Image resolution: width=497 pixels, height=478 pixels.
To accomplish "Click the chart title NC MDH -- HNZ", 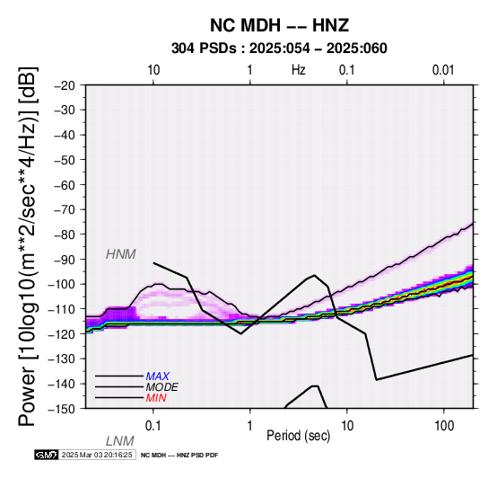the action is pos(280,25).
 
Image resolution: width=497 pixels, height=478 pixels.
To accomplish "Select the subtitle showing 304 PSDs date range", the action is pos(279,49).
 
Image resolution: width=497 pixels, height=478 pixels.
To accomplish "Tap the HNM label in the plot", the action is pos(121,254).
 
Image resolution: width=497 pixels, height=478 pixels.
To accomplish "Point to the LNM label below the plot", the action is pos(120,441).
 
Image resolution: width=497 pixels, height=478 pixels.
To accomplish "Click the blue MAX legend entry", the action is pos(158,376).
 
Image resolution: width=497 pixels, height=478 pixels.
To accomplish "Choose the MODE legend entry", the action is pos(162,387).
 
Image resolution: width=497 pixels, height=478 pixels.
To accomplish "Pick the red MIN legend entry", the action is pos(156,398).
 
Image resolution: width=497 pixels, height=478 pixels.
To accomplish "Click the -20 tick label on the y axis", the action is pos(65,85).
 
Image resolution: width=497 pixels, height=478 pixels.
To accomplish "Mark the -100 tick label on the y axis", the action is pos(62,284).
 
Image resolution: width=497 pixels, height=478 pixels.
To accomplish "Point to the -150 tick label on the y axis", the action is pos(62,409).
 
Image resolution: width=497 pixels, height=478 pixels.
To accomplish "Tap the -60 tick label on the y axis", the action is pos(65,185).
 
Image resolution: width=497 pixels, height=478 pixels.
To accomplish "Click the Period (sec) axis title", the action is pos(298,436).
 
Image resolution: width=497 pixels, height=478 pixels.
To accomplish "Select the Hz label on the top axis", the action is pos(299,70).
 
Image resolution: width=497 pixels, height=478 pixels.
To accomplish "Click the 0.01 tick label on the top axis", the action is pos(443,70).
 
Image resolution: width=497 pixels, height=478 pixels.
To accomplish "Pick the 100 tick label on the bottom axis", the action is pos(444,426).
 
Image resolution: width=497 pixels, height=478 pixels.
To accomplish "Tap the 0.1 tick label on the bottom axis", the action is pos(153,426).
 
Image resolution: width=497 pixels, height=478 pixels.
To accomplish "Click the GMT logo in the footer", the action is pos(47,455).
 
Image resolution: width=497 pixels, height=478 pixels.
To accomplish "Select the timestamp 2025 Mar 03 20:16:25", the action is pos(97,455).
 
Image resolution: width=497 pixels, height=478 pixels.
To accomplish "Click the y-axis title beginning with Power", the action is pos(28,247).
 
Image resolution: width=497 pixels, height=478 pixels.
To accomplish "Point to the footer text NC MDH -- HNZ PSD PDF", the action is pos(179,456).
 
